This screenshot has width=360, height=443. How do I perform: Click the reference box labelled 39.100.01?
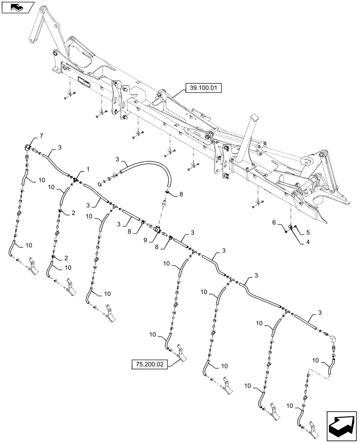202,89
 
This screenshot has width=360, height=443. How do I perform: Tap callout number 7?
42,134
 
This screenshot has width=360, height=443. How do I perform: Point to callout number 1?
88,170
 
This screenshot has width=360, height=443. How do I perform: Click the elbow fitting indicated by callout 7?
27,147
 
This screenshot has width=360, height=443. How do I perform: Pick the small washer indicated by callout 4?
290,227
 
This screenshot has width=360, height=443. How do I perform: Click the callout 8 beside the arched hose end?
181,194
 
